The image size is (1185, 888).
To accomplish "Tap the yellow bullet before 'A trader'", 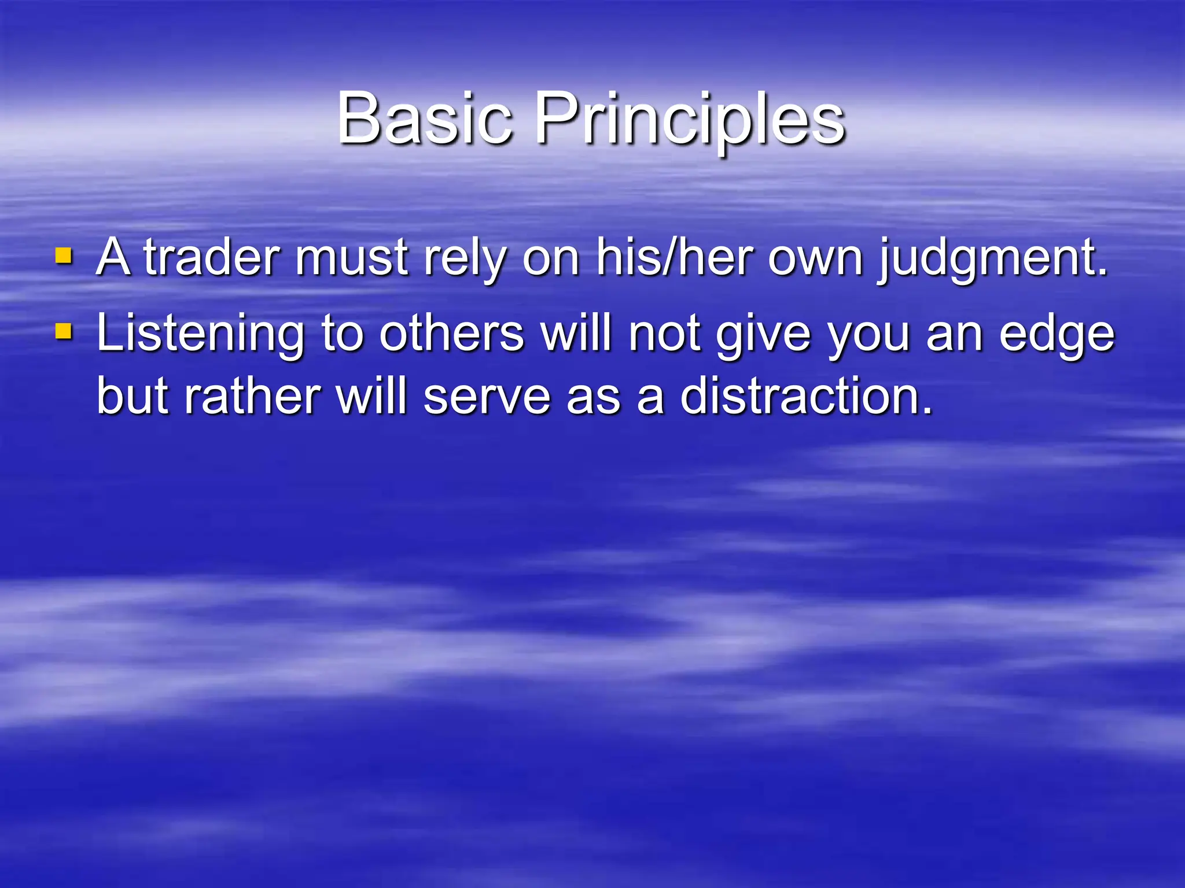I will coord(64,256).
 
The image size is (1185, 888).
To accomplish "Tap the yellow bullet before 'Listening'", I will coord(64,332).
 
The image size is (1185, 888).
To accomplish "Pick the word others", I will coord(451,334).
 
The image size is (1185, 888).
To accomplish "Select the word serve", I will coord(487,397).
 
